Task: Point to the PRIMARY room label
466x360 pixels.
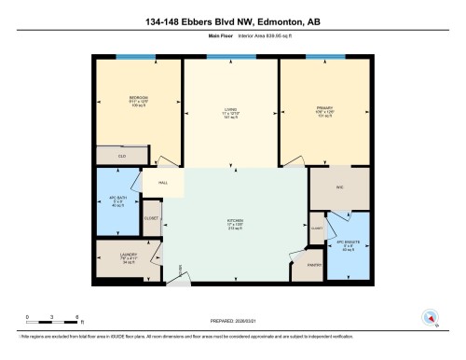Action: pos(323,108)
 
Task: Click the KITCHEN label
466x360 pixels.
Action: pos(235,222)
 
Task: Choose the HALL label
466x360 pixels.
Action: pos(161,184)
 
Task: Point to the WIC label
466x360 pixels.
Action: pos(341,187)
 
